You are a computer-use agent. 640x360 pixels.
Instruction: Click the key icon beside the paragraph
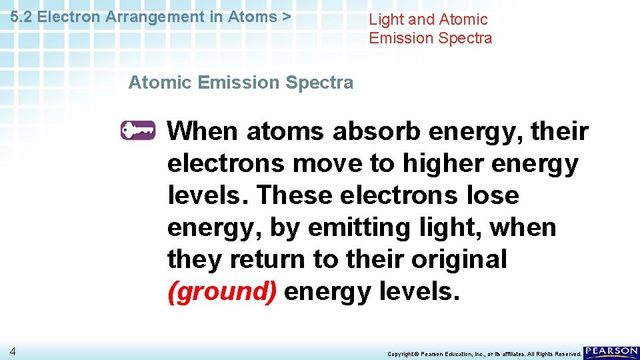point(138,131)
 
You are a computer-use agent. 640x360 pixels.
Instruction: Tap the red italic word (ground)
point(222,291)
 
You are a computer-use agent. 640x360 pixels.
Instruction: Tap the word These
point(295,195)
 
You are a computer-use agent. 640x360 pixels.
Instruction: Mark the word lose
point(493,195)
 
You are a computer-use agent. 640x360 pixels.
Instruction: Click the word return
point(265,259)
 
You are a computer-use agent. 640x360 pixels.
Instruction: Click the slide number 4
point(13,351)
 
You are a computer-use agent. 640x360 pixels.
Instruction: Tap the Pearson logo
point(611,352)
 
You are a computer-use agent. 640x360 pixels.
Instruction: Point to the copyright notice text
point(485,354)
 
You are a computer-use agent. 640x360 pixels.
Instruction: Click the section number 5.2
point(22,17)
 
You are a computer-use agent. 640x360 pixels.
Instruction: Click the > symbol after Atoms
point(286,17)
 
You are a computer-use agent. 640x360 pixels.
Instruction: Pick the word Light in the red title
point(385,20)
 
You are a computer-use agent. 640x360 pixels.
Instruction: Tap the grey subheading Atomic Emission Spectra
point(241,83)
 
